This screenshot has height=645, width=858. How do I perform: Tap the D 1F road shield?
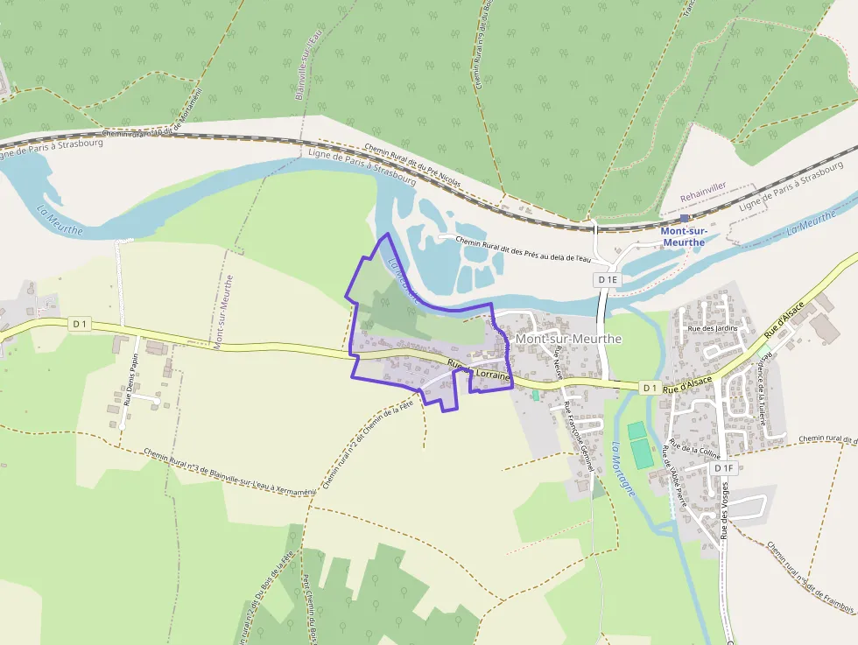pos(722,468)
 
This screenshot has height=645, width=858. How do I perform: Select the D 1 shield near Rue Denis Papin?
pos(80,324)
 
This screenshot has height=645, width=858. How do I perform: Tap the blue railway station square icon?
pos(685,218)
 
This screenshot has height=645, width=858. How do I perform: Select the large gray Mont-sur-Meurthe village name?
pos(569,339)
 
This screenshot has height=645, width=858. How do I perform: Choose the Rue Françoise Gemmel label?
pos(580,437)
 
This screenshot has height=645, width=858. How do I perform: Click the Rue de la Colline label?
pos(694,449)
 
